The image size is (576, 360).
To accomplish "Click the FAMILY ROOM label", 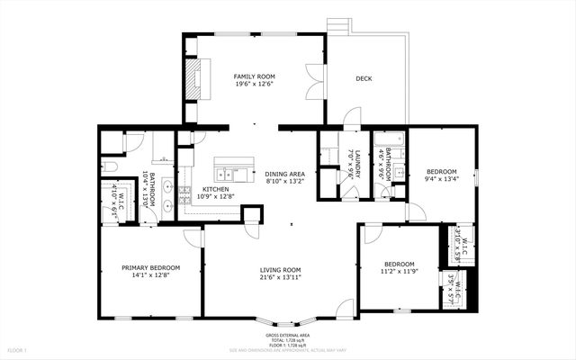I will click(255, 76).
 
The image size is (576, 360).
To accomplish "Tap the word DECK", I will click(364, 78).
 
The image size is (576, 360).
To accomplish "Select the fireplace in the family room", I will click(194, 78).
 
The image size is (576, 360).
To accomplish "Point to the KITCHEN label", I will click(215, 189).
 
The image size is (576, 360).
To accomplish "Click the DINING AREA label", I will click(284, 174).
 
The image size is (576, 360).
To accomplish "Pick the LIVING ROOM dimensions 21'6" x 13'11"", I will click(280, 277).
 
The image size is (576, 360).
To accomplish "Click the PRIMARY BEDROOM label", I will click(151, 267).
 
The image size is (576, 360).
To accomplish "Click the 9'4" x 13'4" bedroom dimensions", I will click(441, 178).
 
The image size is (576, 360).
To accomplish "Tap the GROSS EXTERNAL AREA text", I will click(288, 333).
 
